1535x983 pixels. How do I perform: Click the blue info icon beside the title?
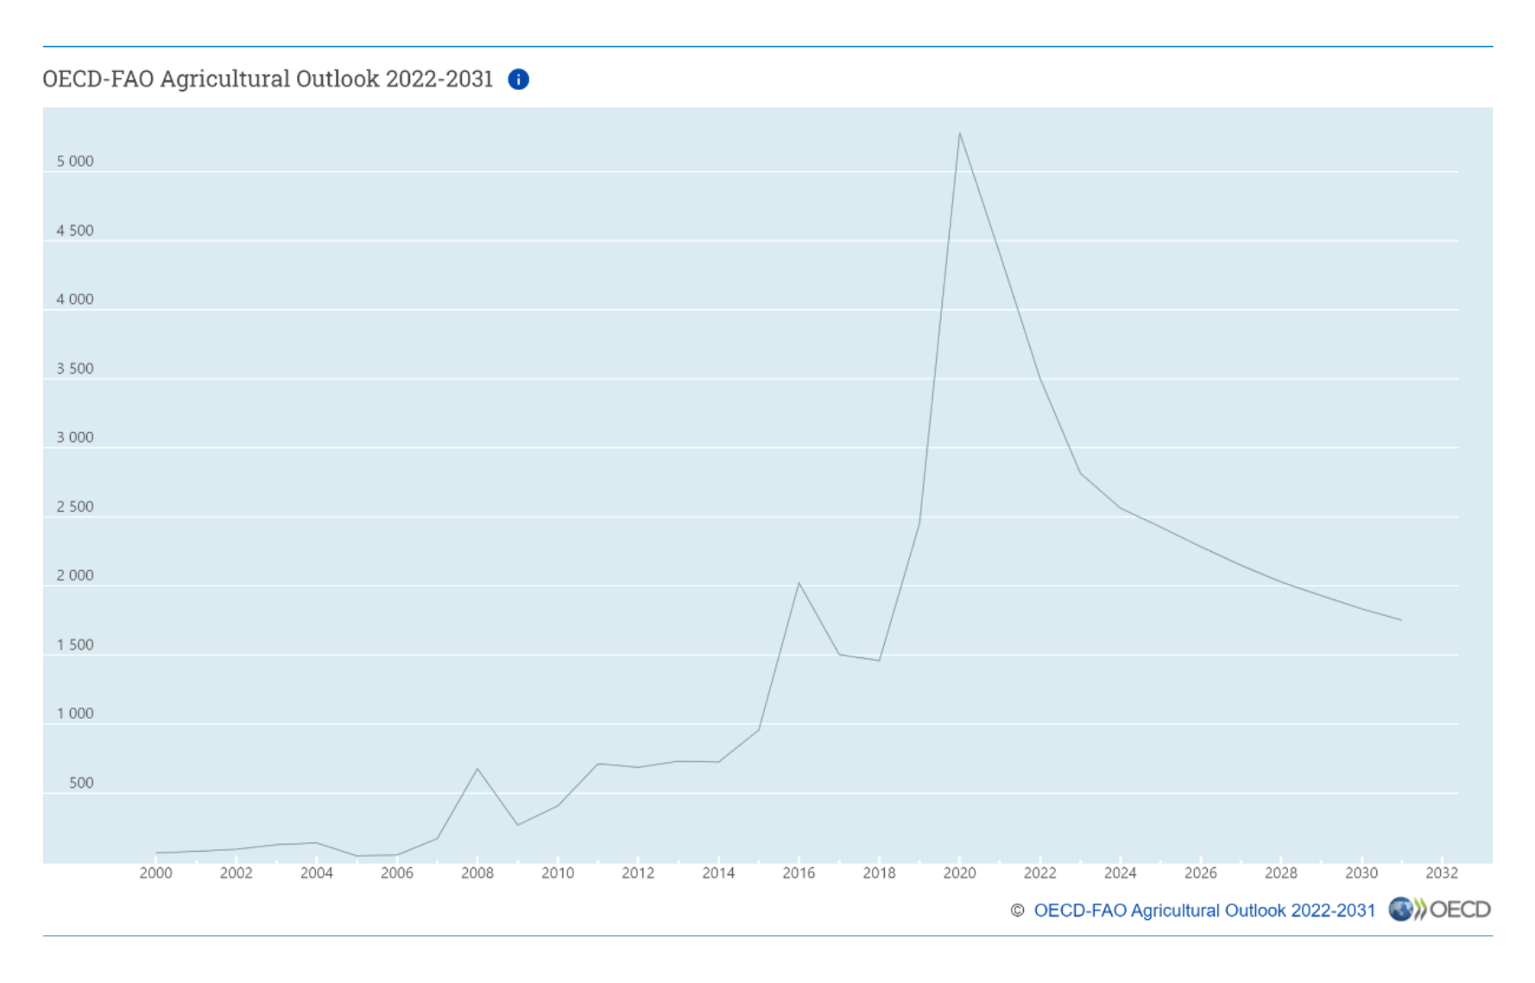tap(518, 79)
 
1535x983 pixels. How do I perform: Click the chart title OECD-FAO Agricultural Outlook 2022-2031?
tap(268, 79)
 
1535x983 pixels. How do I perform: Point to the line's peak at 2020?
tap(959, 133)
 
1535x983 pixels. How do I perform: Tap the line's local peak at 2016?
tap(799, 583)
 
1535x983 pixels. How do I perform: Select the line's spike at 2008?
tap(477, 768)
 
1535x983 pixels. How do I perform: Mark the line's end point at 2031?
tap(1401, 620)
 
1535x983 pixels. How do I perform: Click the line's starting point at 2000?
tap(156, 853)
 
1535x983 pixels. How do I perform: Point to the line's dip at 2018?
tap(879, 661)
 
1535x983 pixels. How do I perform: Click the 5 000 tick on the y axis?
tap(75, 162)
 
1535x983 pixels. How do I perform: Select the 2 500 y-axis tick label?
tap(75, 507)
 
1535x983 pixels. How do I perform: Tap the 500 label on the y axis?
tap(81, 783)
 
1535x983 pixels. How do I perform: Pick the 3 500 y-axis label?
tap(75, 369)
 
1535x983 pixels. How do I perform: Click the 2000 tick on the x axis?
tap(155, 873)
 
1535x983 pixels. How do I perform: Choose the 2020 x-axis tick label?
tap(959, 873)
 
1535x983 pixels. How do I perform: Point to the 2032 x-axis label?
tap(1441, 873)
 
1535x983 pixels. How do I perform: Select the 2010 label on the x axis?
tap(558, 873)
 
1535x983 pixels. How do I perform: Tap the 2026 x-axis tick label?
tap(1200, 873)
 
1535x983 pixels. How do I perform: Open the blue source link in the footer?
tap(1203, 910)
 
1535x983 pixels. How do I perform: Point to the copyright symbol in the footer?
tap(1017, 910)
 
